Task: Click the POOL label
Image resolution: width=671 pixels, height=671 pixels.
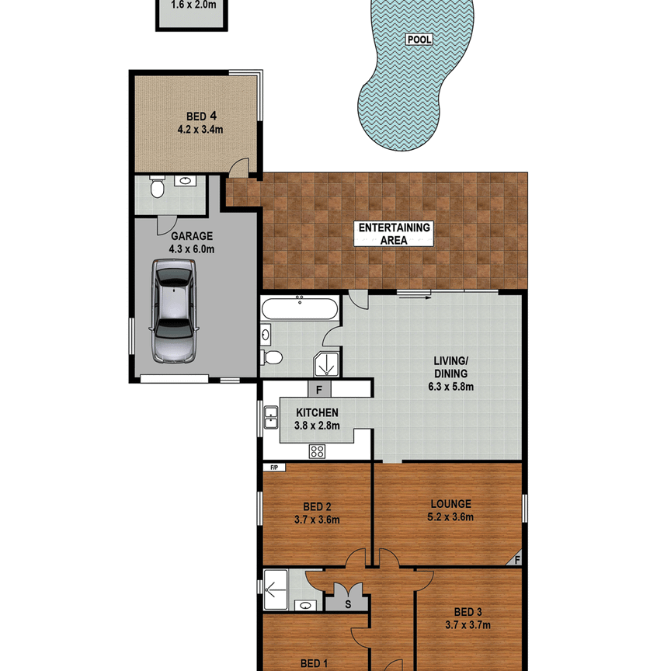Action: [x=418, y=40]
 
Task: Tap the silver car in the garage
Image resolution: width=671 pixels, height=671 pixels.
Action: [x=174, y=311]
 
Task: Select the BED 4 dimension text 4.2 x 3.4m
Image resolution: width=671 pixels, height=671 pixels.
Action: [x=195, y=130]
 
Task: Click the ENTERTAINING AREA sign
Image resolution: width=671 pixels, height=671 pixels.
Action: [x=393, y=233]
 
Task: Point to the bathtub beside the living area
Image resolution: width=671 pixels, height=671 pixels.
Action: [x=299, y=308]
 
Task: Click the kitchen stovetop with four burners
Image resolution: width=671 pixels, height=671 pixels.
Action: [x=317, y=450]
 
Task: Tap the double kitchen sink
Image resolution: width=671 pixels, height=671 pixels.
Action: [x=271, y=417]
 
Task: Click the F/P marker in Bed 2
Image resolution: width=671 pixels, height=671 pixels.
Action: [x=274, y=468]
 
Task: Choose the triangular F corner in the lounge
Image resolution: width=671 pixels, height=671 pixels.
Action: [x=516, y=558]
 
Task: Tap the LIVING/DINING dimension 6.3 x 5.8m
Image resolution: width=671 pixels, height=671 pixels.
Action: [x=453, y=386]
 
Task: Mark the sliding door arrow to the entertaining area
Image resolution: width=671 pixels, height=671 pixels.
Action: [x=413, y=293]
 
